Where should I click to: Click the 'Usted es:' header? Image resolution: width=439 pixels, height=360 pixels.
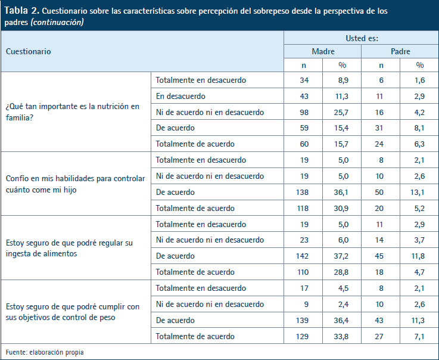point(362,38)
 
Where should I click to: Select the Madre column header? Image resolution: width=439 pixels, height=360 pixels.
point(323,51)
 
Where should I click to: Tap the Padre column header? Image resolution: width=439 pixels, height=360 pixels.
point(400,51)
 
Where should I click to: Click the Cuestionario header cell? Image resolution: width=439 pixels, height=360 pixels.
point(28,51)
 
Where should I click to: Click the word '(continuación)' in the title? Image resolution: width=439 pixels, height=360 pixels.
point(57,22)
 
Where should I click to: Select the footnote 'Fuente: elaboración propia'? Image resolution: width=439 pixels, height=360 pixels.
point(45,352)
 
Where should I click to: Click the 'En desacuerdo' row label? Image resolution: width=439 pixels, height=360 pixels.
point(180,96)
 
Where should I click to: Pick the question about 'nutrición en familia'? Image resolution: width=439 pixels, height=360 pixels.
point(73,112)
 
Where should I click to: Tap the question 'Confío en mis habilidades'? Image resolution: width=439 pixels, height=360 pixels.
point(76,184)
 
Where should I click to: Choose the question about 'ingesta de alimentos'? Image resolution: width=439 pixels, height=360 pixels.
point(69,248)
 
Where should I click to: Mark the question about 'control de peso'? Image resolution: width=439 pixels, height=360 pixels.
point(73,312)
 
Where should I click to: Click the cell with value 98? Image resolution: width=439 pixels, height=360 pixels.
point(304,112)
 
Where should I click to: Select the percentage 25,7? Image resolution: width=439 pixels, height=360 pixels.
point(341,112)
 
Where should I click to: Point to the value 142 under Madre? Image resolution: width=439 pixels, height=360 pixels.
point(302,256)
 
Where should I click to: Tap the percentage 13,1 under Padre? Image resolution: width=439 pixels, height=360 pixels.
point(418,192)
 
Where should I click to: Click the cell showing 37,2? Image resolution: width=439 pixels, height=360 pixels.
point(341,256)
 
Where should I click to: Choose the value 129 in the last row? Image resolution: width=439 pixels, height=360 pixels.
point(302,337)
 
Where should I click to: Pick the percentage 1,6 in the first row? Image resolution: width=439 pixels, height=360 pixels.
point(419,80)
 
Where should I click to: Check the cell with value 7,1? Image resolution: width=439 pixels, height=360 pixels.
point(419,337)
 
